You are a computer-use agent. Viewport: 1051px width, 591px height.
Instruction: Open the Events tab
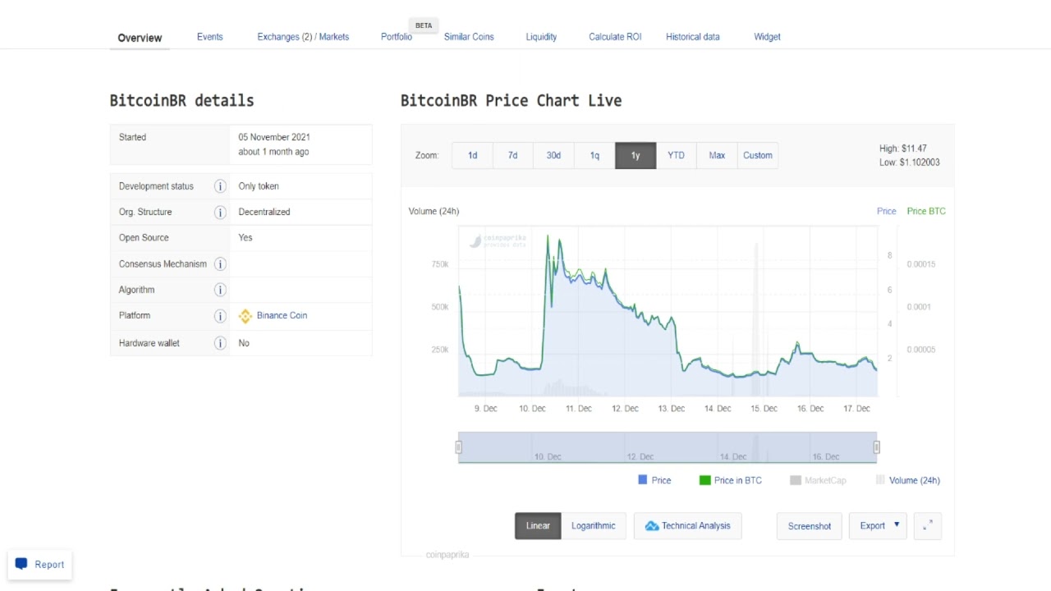click(x=209, y=37)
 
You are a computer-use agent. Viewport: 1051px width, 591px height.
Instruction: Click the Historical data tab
click(x=692, y=37)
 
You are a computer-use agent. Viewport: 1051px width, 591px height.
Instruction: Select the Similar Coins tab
click(x=469, y=37)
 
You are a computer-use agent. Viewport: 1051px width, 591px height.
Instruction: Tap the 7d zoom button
click(x=512, y=155)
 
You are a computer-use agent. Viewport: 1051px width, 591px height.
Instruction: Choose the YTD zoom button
click(x=676, y=155)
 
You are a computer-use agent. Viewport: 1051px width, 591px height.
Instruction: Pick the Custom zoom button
click(x=757, y=155)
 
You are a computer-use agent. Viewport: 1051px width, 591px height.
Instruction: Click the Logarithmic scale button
click(x=593, y=526)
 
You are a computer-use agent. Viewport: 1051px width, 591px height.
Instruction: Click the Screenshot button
click(x=809, y=526)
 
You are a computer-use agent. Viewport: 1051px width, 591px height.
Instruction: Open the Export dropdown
click(x=878, y=526)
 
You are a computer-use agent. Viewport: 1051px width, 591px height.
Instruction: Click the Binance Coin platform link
click(x=282, y=315)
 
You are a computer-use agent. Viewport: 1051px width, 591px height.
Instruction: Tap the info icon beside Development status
click(x=220, y=186)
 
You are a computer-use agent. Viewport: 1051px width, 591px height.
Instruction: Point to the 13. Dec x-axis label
click(x=671, y=408)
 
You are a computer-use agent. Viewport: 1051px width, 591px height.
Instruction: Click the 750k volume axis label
click(x=439, y=264)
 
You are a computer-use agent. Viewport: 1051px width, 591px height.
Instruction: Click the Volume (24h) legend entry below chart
click(x=914, y=480)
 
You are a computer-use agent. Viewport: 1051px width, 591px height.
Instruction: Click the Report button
click(x=39, y=565)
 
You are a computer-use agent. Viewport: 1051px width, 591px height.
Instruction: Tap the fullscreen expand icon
click(x=928, y=526)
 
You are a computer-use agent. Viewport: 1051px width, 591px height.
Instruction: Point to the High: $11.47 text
click(x=902, y=149)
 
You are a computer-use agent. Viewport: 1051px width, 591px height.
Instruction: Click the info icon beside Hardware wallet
click(x=220, y=343)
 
